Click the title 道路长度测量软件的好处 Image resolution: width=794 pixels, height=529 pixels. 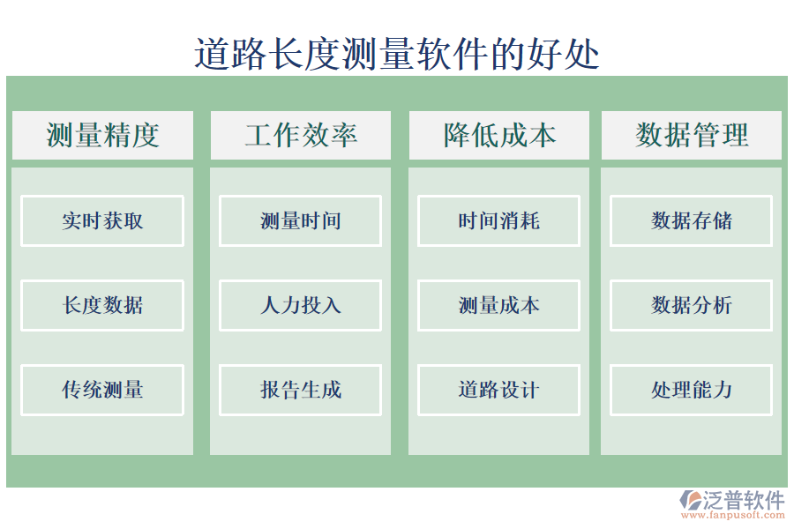[x=397, y=54]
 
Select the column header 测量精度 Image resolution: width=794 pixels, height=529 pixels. [x=102, y=135]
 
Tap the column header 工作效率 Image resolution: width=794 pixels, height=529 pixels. [x=301, y=135]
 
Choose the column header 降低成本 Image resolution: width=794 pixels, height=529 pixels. [x=499, y=135]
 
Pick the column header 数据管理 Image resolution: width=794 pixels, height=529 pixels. [x=692, y=135]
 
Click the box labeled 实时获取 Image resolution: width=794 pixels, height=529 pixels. [x=102, y=220]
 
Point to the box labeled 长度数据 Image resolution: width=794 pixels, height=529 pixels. [x=102, y=305]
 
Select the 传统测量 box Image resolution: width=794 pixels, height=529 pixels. [x=102, y=390]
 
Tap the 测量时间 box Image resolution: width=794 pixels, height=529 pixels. [x=301, y=220]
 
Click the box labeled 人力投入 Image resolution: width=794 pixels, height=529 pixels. [x=301, y=305]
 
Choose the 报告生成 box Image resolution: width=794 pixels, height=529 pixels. [x=301, y=390]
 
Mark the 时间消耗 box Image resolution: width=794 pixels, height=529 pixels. [x=499, y=220]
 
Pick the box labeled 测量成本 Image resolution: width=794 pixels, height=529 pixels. [x=499, y=305]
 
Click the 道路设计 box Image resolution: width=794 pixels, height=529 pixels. [x=499, y=390]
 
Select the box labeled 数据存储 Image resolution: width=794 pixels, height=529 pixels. [x=692, y=220]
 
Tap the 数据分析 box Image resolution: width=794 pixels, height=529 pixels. [x=692, y=305]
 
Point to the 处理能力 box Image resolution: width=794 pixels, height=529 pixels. [x=692, y=390]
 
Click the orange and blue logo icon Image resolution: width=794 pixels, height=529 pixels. [x=689, y=502]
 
